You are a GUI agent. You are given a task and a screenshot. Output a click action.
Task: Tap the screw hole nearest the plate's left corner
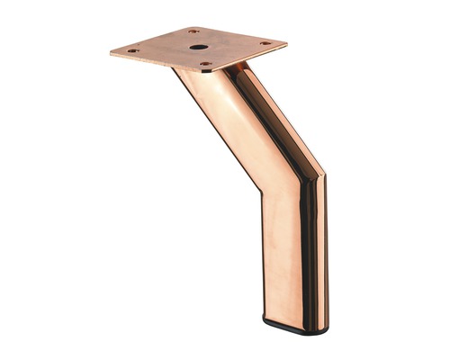tap(133, 50)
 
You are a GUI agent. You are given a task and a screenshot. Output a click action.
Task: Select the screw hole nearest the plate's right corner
tap(265, 42)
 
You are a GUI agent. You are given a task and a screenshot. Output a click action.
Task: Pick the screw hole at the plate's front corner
tap(206, 65)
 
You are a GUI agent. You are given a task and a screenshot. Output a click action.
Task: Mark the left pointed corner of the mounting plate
tap(112, 52)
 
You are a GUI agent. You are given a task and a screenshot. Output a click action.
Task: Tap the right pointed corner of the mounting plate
tap(286, 41)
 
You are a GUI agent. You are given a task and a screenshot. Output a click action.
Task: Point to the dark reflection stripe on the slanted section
tap(270, 117)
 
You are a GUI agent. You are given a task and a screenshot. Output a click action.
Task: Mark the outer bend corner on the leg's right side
tap(321, 171)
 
